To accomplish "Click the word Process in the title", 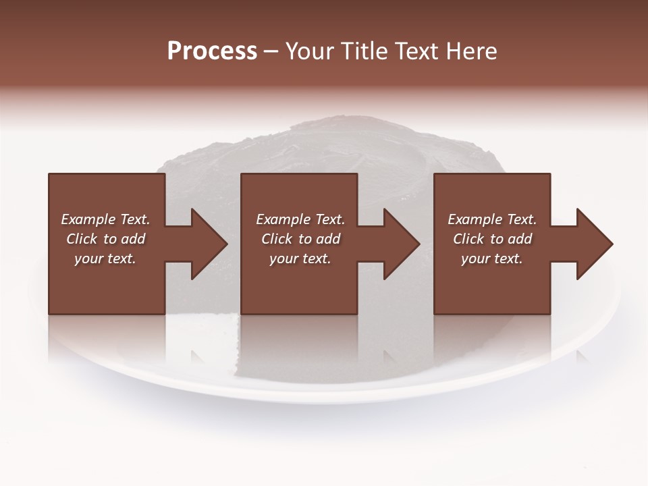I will click(212, 51).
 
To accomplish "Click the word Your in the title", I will click(309, 51).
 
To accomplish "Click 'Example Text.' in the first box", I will click(105, 219).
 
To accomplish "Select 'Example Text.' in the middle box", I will click(300, 219).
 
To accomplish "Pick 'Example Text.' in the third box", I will click(492, 219).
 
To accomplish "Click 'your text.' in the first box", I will click(105, 259).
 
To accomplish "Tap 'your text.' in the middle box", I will click(300, 259).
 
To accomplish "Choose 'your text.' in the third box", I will click(492, 259).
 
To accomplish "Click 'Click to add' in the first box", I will click(105, 239).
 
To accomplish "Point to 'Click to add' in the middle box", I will click(300, 239).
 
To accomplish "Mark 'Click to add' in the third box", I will click(492, 239).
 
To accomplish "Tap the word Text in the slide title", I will click(414, 51).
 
